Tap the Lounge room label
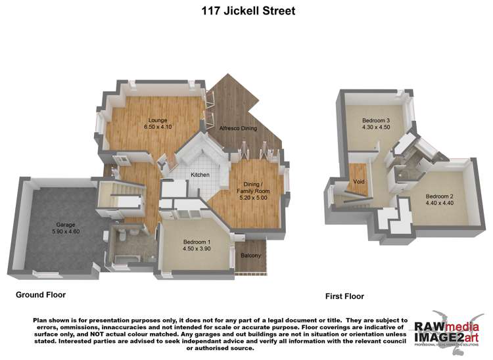(157, 120)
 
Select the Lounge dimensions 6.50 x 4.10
(157, 127)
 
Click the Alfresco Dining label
(238, 129)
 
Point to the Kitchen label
(200, 175)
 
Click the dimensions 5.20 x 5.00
(250, 197)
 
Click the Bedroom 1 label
(197, 242)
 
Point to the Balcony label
(250, 256)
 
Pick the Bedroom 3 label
(376, 120)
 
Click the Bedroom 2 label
(439, 196)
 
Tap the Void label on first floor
(359, 181)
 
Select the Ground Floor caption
(41, 295)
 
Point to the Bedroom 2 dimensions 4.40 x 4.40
(439, 204)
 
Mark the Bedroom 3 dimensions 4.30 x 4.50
(376, 128)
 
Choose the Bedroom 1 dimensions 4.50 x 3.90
(197, 249)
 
